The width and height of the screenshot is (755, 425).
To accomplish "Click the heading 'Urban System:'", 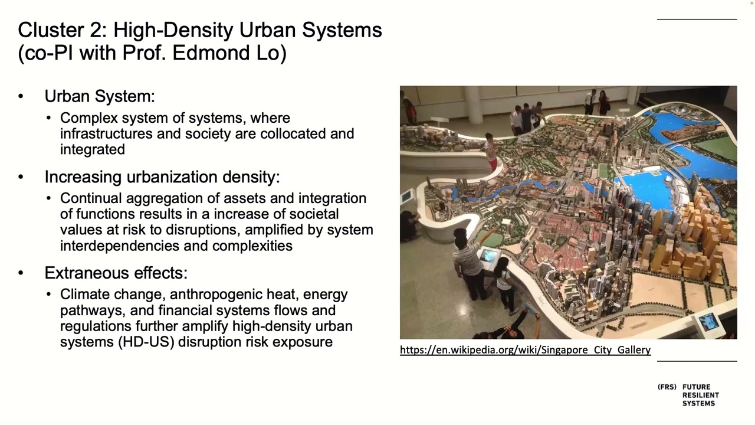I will [99, 96].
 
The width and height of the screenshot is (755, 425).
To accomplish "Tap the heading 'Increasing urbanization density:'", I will [162, 177].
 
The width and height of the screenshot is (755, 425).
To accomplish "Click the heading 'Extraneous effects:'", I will [116, 273].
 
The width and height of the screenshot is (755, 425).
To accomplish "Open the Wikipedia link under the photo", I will [525, 350].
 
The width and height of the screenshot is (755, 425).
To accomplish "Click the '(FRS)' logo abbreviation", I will [667, 387].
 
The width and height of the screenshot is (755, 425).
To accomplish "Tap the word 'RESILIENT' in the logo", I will [701, 395].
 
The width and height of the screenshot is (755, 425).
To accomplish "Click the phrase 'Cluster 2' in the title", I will [61, 30].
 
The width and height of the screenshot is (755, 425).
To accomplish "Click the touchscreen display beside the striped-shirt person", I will [489, 256].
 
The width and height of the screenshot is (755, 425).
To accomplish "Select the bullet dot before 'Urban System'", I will [21, 96].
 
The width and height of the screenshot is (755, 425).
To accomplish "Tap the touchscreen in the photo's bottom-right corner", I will [708, 322].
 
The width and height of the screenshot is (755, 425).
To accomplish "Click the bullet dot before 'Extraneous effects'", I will [21, 273].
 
